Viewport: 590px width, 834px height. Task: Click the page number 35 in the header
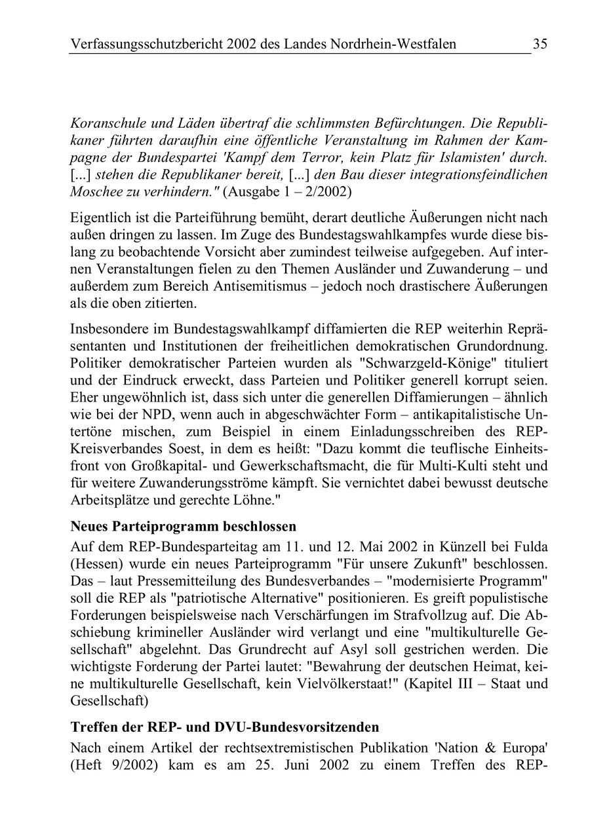pos(540,44)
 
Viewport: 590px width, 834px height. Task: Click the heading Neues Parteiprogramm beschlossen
pos(183,526)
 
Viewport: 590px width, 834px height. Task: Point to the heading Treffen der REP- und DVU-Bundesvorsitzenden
pos(224,727)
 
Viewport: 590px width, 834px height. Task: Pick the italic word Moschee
pos(95,193)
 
